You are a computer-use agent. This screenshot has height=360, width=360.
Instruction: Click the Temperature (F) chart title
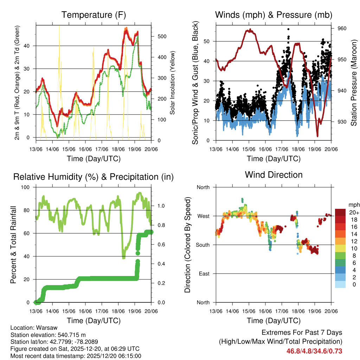(94, 15)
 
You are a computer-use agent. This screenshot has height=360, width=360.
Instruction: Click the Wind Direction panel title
(274, 175)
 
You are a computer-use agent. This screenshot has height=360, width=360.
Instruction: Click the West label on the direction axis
(203, 216)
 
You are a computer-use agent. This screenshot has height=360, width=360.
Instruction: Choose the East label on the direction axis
(204, 274)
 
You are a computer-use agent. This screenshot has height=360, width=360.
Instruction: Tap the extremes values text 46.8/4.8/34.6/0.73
(314, 351)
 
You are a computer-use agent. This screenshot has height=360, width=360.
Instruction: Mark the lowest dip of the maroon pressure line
(317, 136)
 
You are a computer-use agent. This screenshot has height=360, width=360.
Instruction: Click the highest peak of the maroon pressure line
(250, 30)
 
